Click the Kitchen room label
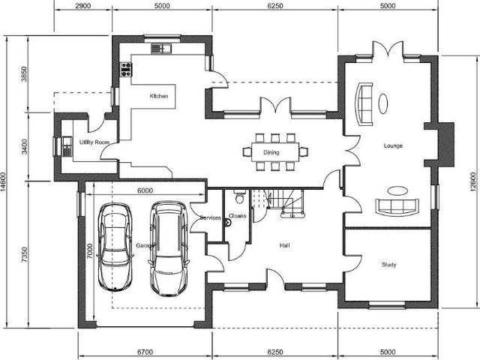click(x=158, y=96)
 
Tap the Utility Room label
click(x=95, y=142)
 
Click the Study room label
click(x=388, y=265)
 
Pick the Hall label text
click(x=284, y=244)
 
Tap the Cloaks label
click(x=237, y=216)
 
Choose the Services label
click(x=211, y=217)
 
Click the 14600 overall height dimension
click(x=7, y=180)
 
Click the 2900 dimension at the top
click(x=83, y=7)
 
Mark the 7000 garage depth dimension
click(x=89, y=248)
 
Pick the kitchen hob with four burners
click(x=126, y=70)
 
